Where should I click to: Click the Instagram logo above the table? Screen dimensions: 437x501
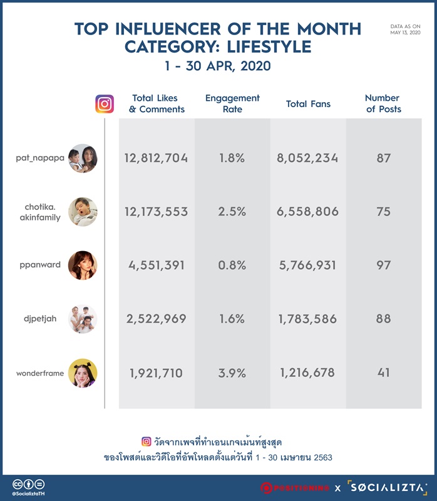pos(105,104)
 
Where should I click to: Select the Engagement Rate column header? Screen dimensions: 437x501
pos(232,103)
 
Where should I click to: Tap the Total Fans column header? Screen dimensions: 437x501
pos(308,104)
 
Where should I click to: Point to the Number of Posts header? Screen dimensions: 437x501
pos(383,103)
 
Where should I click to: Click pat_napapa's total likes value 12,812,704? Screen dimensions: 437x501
pos(156,158)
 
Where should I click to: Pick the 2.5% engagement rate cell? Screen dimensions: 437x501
pos(232,212)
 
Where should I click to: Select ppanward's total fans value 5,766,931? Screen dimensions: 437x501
pos(307,265)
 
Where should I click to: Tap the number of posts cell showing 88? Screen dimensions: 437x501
pos(383,319)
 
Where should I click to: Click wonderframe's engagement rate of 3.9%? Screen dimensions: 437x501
pos(232,373)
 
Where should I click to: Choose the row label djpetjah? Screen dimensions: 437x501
pos(40,319)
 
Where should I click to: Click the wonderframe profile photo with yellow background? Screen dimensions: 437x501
pos(83,373)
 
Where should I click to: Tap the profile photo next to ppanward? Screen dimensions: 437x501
pos(83,265)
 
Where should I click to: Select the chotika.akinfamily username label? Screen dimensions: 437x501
pos(40,212)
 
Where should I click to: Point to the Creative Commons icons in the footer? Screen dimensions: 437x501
pos(28,484)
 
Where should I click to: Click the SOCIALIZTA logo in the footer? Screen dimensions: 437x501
pos(387,488)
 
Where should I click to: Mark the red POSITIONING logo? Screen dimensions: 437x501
pos(294,488)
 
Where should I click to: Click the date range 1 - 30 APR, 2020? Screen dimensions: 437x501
pos(218,66)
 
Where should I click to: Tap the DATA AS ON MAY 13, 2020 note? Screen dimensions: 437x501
pos(405,29)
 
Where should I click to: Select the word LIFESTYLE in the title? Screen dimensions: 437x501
pos(269,46)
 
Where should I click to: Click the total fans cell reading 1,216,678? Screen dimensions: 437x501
pos(307,373)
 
